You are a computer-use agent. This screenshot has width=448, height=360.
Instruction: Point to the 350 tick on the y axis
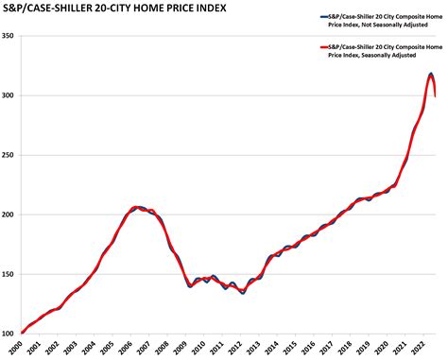(x=9, y=36)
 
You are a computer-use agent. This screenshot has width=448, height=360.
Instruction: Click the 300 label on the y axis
(x=9, y=95)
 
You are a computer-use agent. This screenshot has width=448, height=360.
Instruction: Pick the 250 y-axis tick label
(x=9, y=155)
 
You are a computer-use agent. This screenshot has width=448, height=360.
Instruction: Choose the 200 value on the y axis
(x=9, y=214)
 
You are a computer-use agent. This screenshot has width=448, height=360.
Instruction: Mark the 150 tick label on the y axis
(x=9, y=274)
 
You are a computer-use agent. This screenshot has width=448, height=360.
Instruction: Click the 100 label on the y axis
(x=9, y=333)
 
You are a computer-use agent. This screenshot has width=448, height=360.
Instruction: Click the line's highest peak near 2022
(x=431, y=74)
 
